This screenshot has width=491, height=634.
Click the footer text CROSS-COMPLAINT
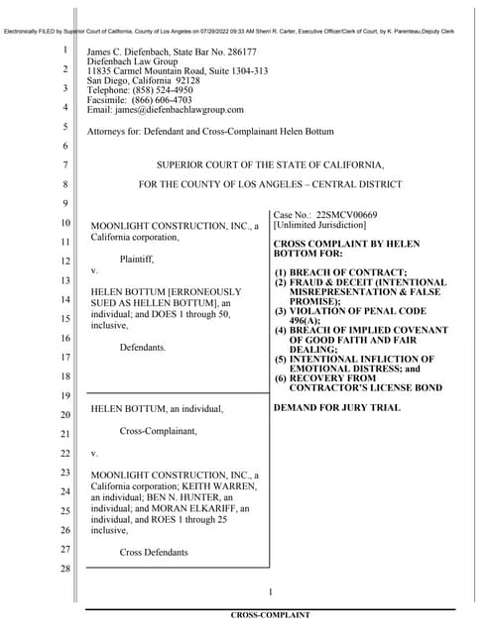click(x=270, y=615)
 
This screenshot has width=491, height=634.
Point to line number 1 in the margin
click(x=64, y=51)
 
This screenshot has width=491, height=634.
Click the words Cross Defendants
click(x=154, y=551)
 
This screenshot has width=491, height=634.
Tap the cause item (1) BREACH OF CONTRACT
click(x=341, y=272)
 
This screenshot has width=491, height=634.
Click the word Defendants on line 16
click(x=144, y=348)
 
